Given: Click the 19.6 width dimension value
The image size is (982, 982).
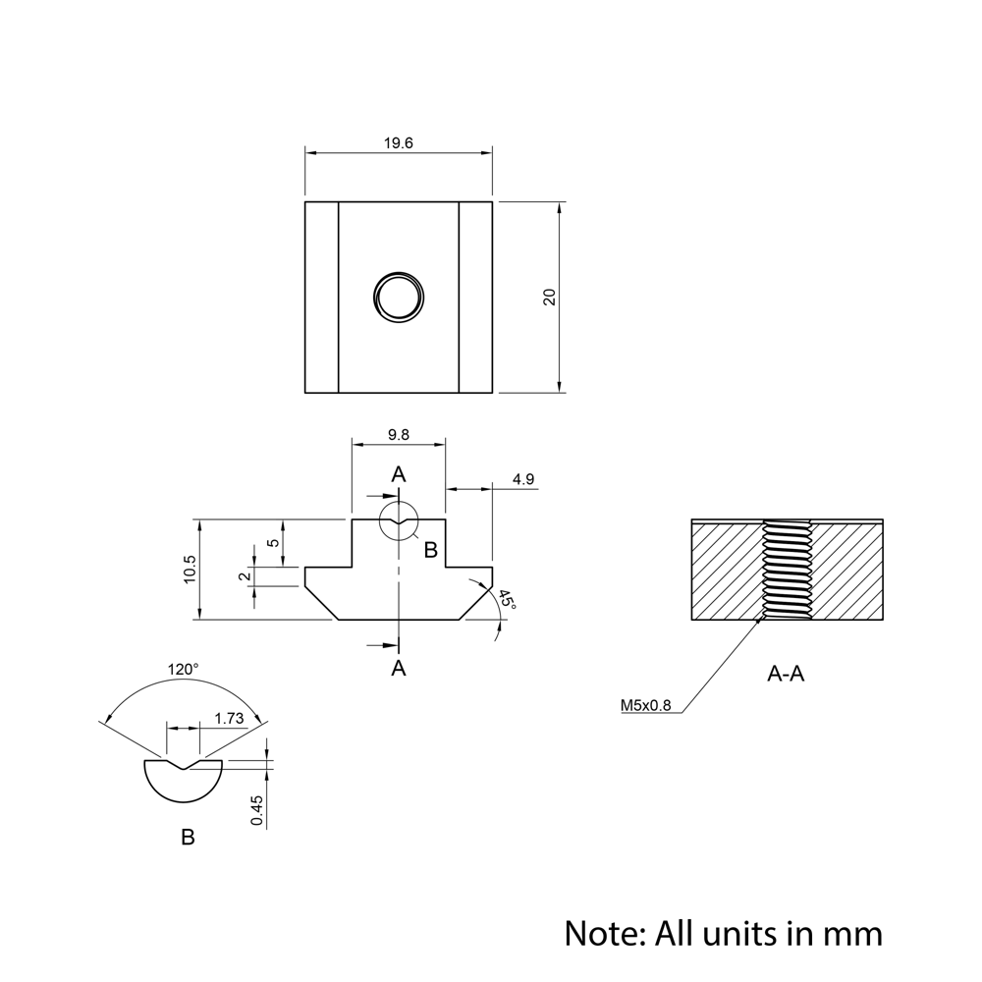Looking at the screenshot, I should point(398,143).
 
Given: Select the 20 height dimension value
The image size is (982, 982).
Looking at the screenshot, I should point(550,297).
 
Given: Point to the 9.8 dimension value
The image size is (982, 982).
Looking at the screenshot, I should point(399,435).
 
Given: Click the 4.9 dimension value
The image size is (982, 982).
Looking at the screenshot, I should point(523,479).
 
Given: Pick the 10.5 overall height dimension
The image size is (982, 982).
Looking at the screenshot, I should point(190,570).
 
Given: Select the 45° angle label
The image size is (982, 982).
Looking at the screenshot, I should point(507,601).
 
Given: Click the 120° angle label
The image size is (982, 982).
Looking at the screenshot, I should point(183,669).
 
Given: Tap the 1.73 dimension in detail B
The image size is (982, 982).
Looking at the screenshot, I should point(228,718).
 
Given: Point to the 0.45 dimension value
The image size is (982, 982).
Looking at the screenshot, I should point(256,809).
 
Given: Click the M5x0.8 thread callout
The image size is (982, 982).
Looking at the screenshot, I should point(645,704).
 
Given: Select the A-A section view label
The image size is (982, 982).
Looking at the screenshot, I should point(786,675).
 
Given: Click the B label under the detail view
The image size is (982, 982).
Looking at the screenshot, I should point(188,838).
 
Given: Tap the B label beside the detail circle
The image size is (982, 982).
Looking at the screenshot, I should point(430,550).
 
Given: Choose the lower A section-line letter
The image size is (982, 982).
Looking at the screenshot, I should point(399,669).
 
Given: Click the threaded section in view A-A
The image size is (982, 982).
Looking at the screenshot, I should point(787,571).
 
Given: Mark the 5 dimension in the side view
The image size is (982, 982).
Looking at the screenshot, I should point(274,542).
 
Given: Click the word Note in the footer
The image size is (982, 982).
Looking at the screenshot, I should point(600,932).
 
